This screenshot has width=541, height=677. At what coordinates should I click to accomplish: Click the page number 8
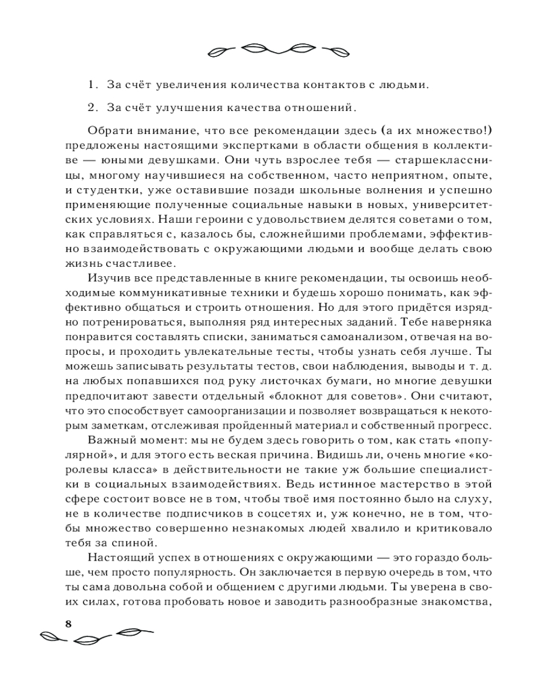tap(68, 624)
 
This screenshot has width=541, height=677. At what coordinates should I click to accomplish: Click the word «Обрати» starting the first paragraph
tap(107, 130)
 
